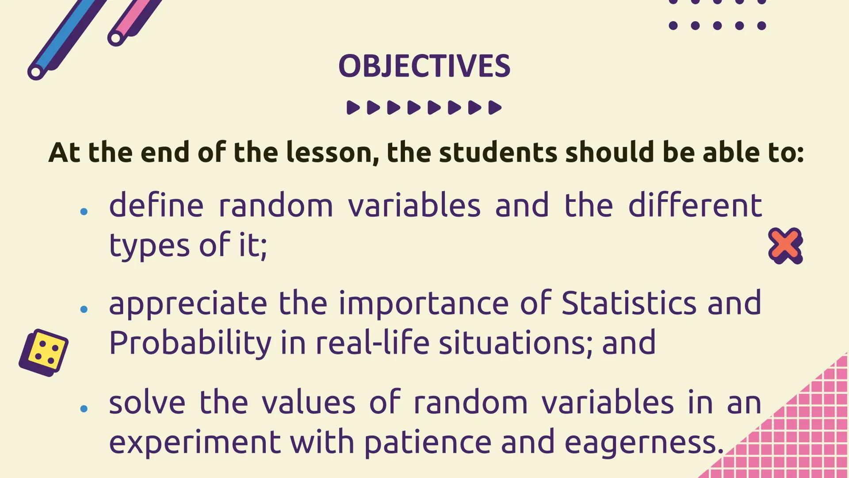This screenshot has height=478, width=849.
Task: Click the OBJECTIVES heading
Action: tap(424, 66)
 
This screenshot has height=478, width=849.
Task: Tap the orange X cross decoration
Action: tap(785, 246)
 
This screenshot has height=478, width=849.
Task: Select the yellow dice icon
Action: tap(44, 353)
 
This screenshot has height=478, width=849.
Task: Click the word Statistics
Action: tap(629, 303)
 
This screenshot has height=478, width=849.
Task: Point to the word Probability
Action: tap(190, 343)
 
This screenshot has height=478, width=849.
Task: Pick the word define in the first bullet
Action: tap(156, 205)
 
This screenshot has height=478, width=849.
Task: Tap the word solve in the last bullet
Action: tap(147, 402)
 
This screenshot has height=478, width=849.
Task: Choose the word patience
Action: tap(428, 442)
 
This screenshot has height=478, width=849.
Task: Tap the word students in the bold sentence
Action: tap(498, 152)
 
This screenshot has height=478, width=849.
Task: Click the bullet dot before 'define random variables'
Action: tap(84, 212)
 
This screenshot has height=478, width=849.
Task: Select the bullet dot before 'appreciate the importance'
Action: tap(84, 309)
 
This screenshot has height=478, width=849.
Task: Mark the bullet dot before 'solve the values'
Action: tap(84, 409)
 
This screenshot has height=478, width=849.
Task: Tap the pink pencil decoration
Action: tap(135, 20)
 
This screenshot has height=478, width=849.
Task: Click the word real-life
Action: tap(372, 343)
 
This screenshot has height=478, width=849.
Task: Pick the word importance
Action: tap(424, 304)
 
